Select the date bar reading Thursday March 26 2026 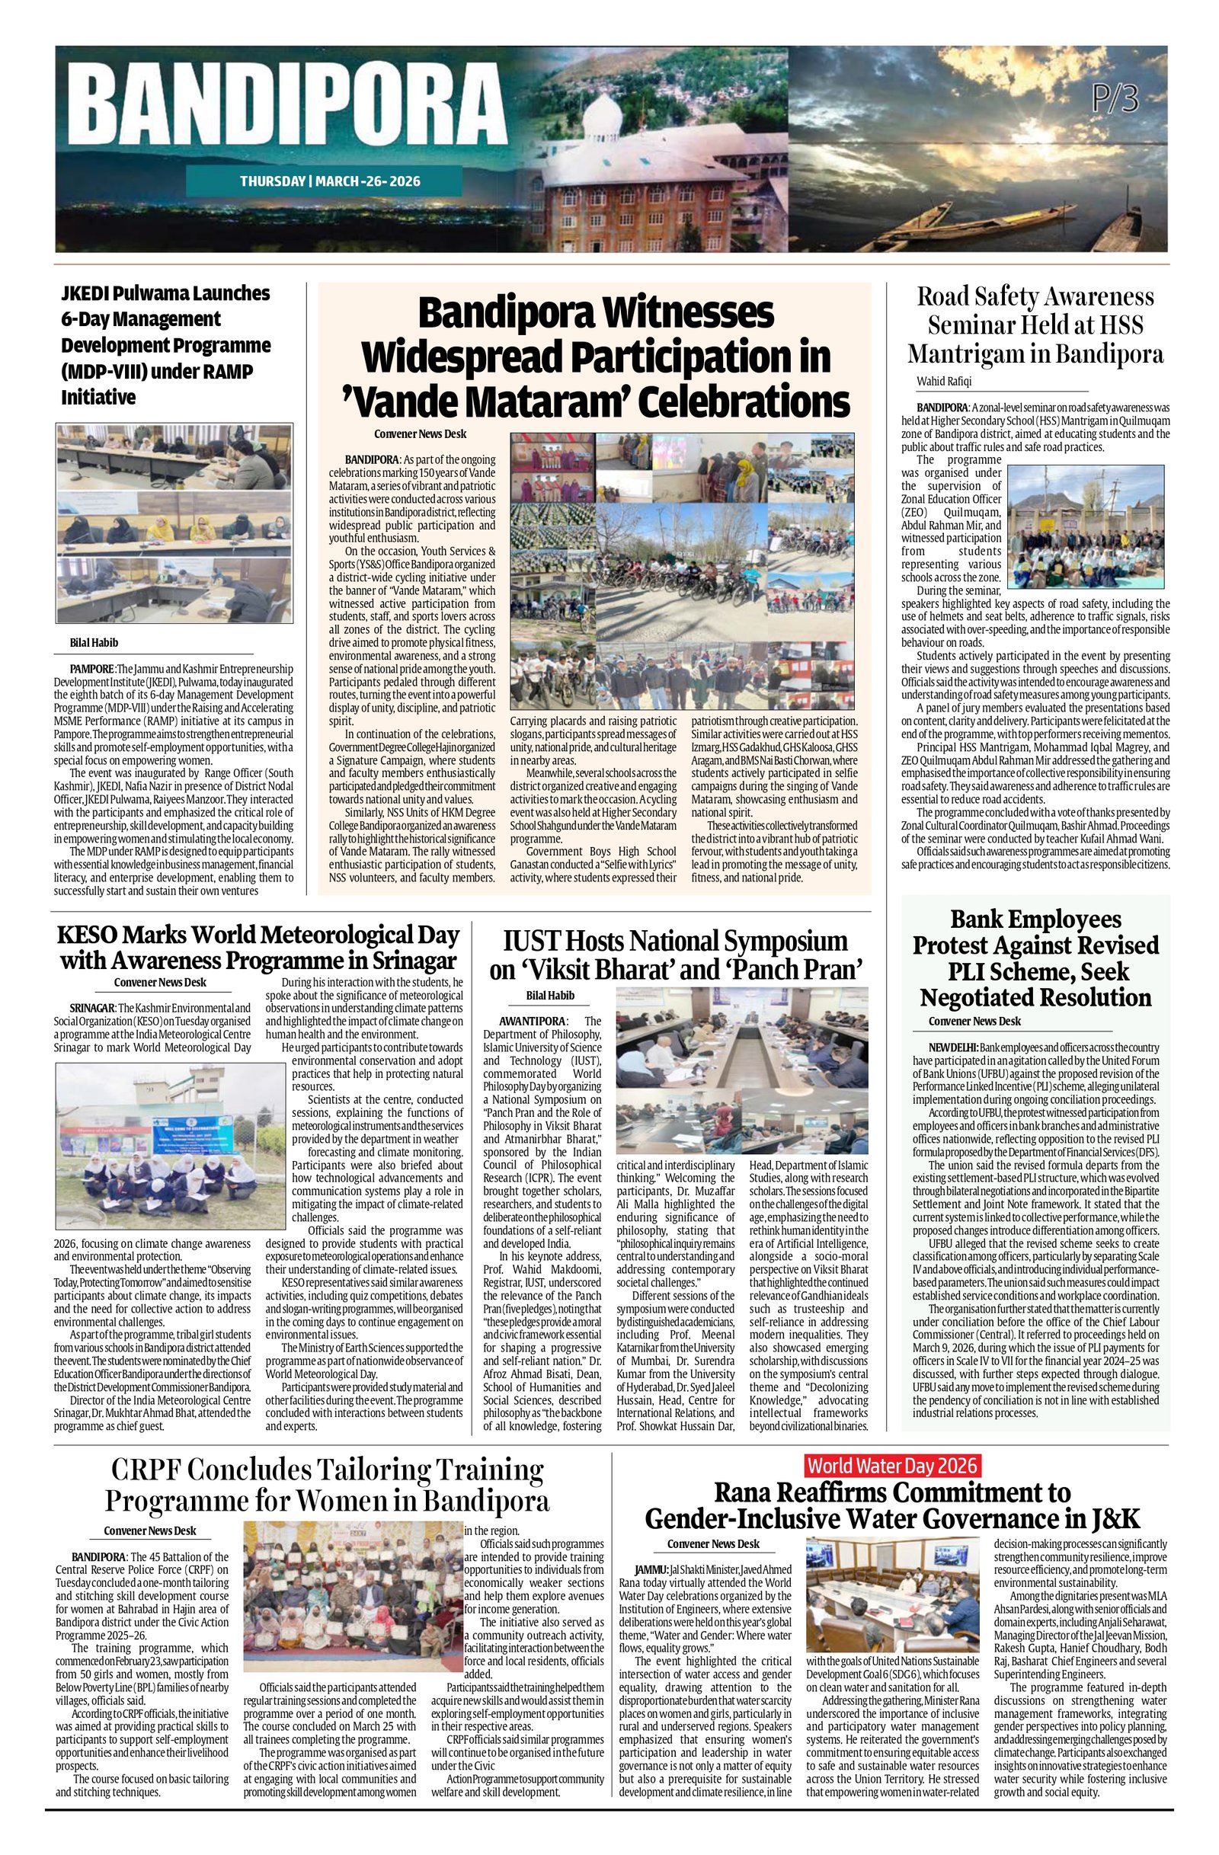[x=330, y=181]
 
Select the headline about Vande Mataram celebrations [x=596, y=358]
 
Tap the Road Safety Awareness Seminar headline [x=1035, y=325]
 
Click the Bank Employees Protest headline [x=1035, y=958]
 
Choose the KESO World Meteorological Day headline [x=258, y=946]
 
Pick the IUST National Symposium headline [x=675, y=954]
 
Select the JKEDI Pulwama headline [x=166, y=344]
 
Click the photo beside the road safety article [x=1085, y=527]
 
